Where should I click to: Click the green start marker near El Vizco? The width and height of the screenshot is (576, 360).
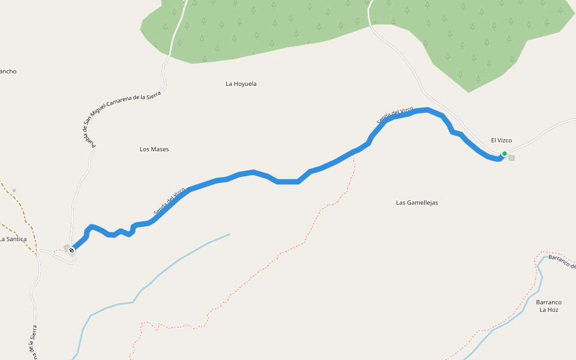point(505,154)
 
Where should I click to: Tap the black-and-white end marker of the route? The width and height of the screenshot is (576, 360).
point(71,250)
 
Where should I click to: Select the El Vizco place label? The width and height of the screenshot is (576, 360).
point(501,140)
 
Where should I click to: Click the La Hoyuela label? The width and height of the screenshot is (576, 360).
point(241,84)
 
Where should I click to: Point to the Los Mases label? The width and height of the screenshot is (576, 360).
point(154,149)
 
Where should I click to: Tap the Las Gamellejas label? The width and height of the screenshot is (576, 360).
point(417,203)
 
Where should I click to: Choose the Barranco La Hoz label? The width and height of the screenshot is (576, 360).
point(548,306)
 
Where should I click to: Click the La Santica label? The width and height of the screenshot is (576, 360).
point(13,239)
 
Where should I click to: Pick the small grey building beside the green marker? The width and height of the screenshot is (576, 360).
point(512,158)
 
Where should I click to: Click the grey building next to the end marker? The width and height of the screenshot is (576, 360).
point(67,247)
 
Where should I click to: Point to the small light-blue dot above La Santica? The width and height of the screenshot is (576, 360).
point(14,191)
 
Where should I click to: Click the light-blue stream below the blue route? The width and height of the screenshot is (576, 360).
point(180,260)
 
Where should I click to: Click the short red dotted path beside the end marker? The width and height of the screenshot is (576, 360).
point(58,250)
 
